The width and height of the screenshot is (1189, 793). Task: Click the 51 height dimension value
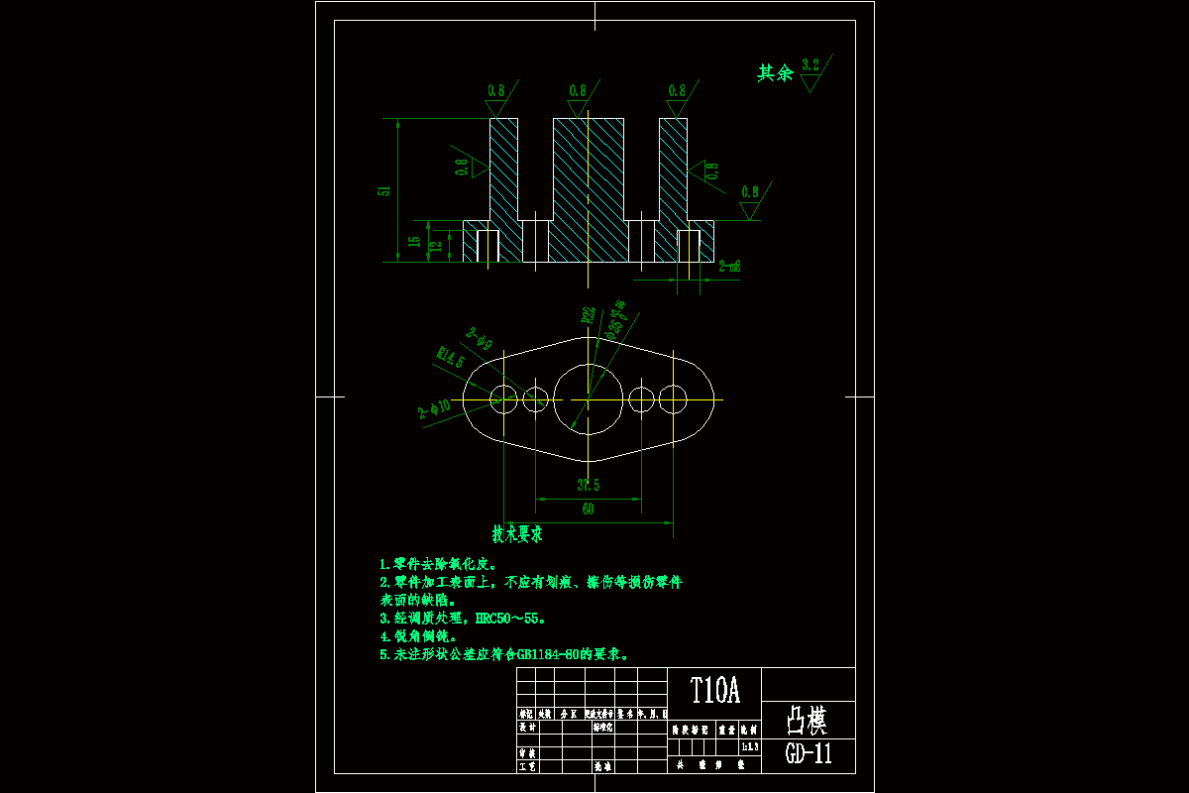point(386,190)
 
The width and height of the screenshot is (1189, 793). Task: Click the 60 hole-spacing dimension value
point(588,510)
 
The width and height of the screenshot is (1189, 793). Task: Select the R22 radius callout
point(589,316)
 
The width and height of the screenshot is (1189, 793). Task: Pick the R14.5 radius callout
point(451,356)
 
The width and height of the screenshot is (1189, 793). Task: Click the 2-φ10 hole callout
point(435,408)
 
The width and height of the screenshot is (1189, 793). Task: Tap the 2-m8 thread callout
point(730,266)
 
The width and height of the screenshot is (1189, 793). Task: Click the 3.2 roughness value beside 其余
point(811,65)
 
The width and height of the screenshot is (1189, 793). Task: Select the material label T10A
point(714,690)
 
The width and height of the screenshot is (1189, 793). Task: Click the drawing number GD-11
point(809,754)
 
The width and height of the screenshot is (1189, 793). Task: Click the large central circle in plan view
point(588,398)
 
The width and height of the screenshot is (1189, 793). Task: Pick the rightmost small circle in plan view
point(674,399)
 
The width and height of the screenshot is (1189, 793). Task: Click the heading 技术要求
point(518,533)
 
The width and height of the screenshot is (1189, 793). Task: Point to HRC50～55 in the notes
point(511,619)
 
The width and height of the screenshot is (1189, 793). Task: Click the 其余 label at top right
point(775,73)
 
